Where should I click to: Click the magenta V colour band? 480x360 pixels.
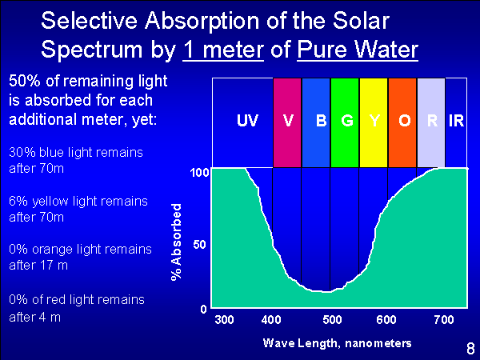[x=287, y=122]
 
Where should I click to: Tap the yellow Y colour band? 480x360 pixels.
[x=374, y=122]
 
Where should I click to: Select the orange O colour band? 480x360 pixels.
[x=402, y=122]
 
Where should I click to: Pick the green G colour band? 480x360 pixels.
[x=345, y=122]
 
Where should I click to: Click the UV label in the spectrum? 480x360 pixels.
[x=248, y=120]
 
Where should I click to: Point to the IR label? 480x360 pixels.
[x=456, y=121]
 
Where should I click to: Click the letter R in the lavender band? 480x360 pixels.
[x=432, y=121]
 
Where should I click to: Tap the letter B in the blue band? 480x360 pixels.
[x=321, y=121]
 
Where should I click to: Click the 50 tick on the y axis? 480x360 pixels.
[x=199, y=245]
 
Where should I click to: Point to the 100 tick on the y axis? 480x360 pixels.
[x=199, y=173]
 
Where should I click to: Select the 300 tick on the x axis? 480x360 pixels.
[x=224, y=320]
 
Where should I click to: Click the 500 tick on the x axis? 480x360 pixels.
[x=332, y=320]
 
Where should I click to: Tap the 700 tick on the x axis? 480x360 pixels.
[x=444, y=320]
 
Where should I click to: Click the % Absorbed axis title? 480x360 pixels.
[x=177, y=242]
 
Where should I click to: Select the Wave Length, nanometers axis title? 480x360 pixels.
[x=337, y=343]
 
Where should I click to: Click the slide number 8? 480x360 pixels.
[x=470, y=349]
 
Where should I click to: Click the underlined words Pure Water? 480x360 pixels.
[x=358, y=50]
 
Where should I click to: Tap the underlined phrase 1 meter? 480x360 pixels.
[x=223, y=50]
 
